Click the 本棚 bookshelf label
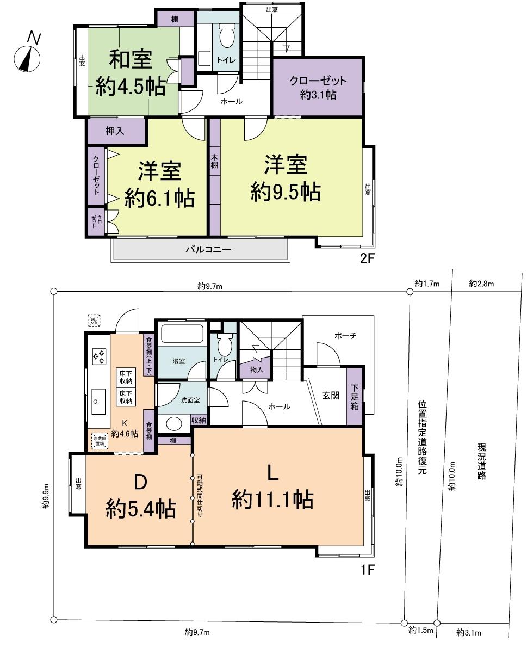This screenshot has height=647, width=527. pyautogui.click(x=215, y=162)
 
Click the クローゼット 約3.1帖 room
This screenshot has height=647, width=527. pyautogui.click(x=318, y=87)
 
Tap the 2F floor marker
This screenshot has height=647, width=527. pyautogui.click(x=368, y=258)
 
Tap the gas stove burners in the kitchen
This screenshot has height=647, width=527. pyautogui.click(x=99, y=356)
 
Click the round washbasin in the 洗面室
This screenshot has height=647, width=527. pyautogui.click(x=174, y=424)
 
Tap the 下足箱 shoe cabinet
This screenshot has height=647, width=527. pyautogui.click(x=355, y=397)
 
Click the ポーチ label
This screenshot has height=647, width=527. pyautogui.click(x=345, y=336)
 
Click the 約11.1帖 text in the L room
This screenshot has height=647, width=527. pyautogui.click(x=272, y=499)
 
